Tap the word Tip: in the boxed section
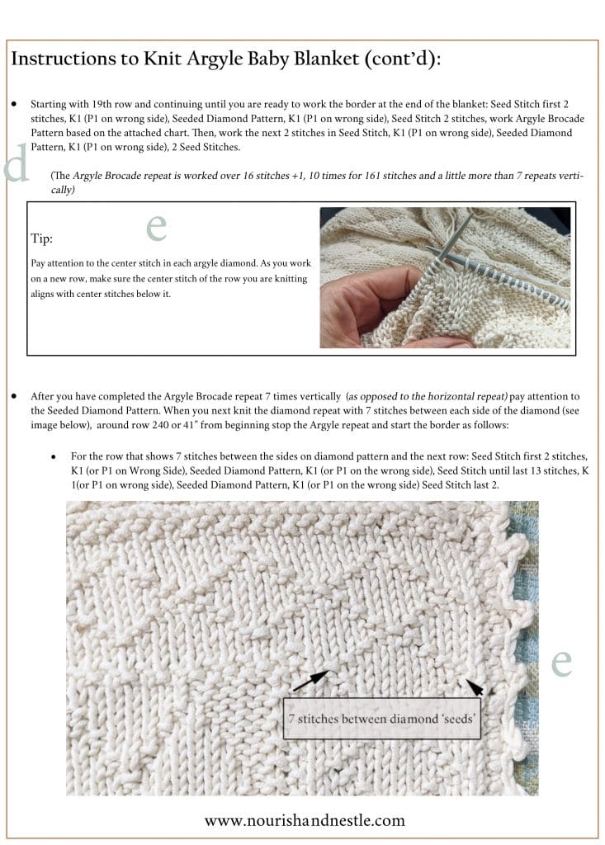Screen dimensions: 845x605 tap(42, 238)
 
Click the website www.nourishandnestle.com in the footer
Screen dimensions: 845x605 tap(305, 819)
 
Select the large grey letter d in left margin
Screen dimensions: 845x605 tap(17, 164)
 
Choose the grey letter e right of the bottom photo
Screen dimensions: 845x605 tap(561, 660)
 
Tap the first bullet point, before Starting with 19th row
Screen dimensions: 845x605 tap(15, 106)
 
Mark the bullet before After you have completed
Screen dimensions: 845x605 tap(15, 396)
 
